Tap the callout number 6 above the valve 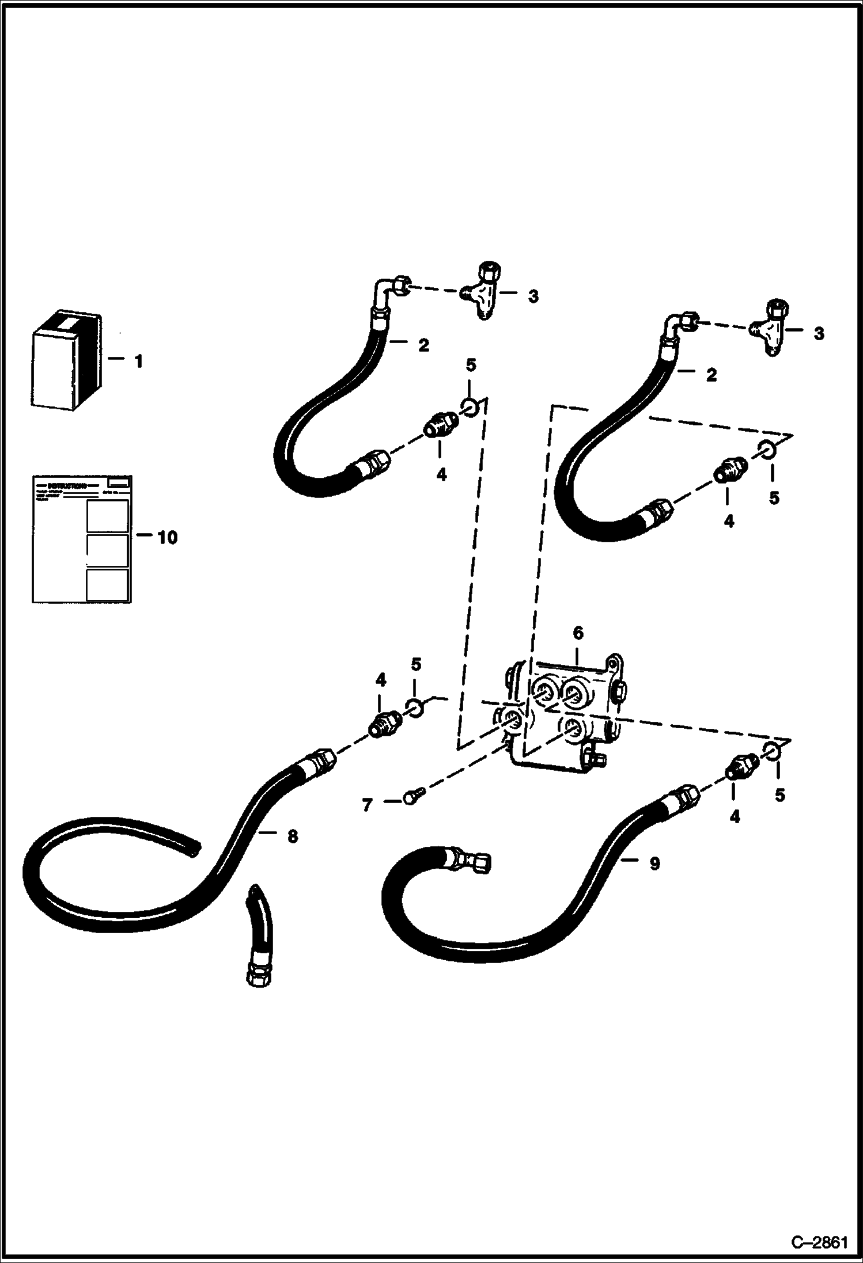point(578,633)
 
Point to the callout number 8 point(293,836)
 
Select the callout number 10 point(167,538)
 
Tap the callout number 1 point(138,362)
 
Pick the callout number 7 point(367,805)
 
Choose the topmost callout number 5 point(471,366)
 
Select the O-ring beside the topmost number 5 point(470,408)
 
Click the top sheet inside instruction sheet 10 point(107,516)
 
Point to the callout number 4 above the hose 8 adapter point(380,680)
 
